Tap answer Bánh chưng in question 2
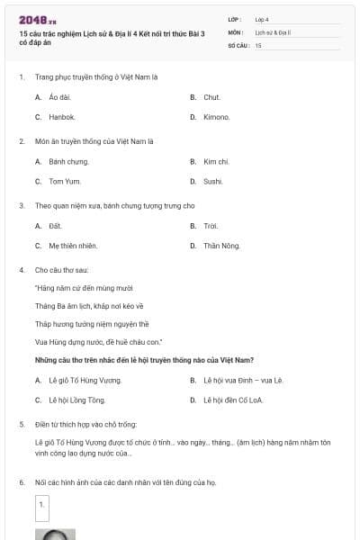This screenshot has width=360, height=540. pyautogui.click(x=68, y=161)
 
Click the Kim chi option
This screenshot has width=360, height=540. pyautogui.click(x=216, y=161)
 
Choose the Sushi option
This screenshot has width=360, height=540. pyautogui.click(x=212, y=181)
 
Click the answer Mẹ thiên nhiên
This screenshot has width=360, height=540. pyautogui.click(x=74, y=245)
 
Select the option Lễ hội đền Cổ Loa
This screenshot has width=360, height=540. pyautogui.click(x=238, y=400)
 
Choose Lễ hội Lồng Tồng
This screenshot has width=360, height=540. pyautogui.click(x=76, y=400)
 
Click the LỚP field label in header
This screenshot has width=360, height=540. pyautogui.click(x=235, y=18)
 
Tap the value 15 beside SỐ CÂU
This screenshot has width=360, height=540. pyautogui.click(x=258, y=44)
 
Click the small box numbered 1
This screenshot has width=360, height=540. pyautogui.click(x=41, y=507)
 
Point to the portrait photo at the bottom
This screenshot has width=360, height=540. pyautogui.click(x=54, y=534)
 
